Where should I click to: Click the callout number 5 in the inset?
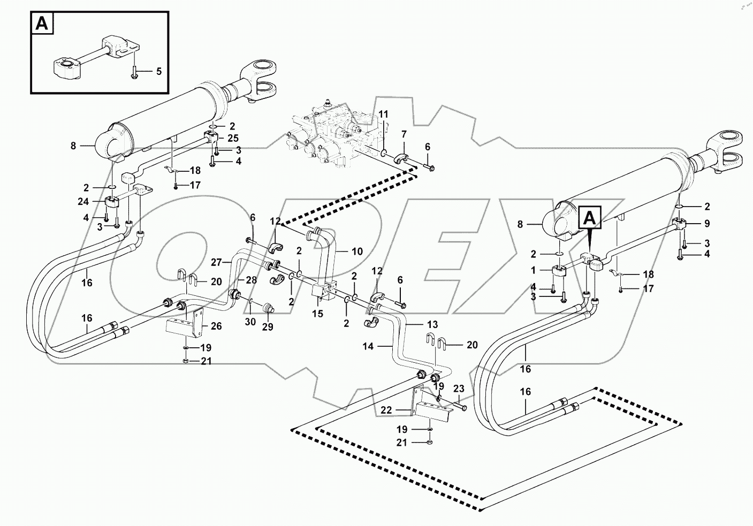click(158, 71)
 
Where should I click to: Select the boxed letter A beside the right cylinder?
click(589, 217)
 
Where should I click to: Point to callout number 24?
click(83, 202)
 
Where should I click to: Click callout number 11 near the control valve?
click(383, 114)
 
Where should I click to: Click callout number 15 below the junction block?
click(317, 314)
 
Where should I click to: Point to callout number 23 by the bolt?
click(459, 389)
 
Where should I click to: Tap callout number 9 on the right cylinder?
click(706, 224)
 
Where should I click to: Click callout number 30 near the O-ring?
click(250, 322)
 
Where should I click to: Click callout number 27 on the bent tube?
click(216, 262)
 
